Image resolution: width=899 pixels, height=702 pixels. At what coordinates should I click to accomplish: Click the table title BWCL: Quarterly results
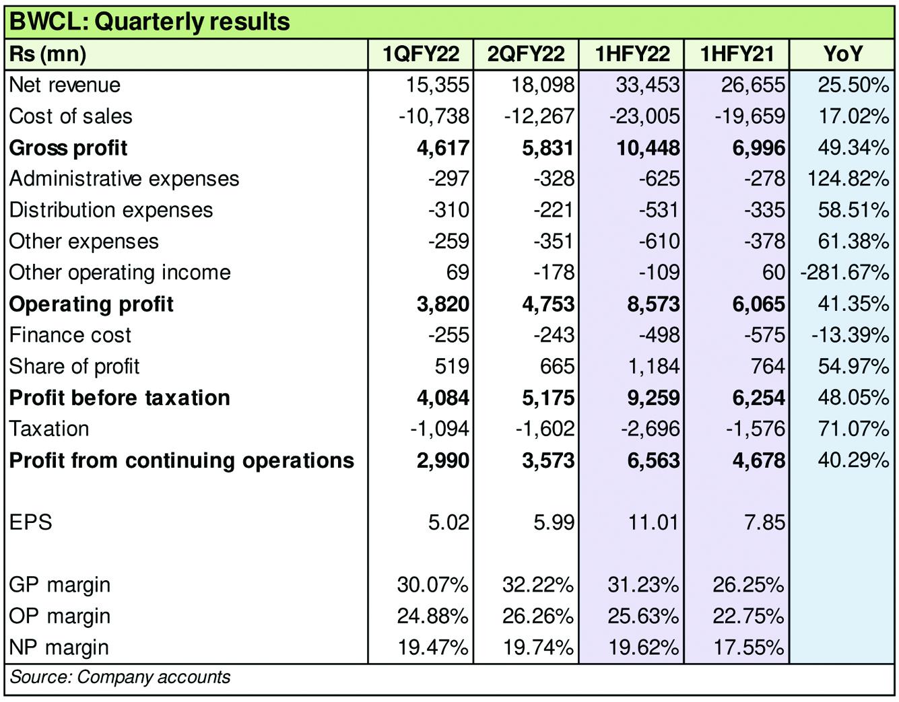[149, 22]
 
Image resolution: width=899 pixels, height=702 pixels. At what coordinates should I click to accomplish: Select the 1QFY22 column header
[421, 54]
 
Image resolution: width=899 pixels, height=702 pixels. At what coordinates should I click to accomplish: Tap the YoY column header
[842, 54]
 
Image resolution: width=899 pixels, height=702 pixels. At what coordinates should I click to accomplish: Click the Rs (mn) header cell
[48, 55]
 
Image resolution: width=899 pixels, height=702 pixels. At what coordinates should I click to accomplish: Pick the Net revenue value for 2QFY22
[543, 85]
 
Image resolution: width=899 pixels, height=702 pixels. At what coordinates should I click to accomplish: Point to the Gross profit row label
[68, 148]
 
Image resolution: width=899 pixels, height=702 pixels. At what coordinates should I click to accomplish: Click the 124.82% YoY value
[848, 179]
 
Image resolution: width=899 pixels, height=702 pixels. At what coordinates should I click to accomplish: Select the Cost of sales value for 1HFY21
[750, 116]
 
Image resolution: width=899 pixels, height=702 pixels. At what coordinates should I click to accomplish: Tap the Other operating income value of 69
[457, 273]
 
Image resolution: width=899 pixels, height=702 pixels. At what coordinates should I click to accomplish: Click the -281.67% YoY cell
[845, 273]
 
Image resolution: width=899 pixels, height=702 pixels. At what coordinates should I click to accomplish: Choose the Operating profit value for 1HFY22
[653, 304]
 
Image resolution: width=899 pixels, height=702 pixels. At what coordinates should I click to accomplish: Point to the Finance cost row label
[70, 335]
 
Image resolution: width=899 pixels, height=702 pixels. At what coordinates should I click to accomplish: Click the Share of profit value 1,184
[654, 367]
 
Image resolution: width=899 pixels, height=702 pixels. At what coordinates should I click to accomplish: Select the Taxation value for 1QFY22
[440, 429]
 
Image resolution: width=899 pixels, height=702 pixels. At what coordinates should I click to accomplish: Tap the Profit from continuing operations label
[182, 460]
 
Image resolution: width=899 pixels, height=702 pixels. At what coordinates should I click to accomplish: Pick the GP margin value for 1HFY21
[748, 586]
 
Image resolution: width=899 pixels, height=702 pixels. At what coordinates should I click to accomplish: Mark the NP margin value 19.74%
[538, 648]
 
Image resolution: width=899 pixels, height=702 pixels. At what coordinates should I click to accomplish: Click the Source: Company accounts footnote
[120, 678]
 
